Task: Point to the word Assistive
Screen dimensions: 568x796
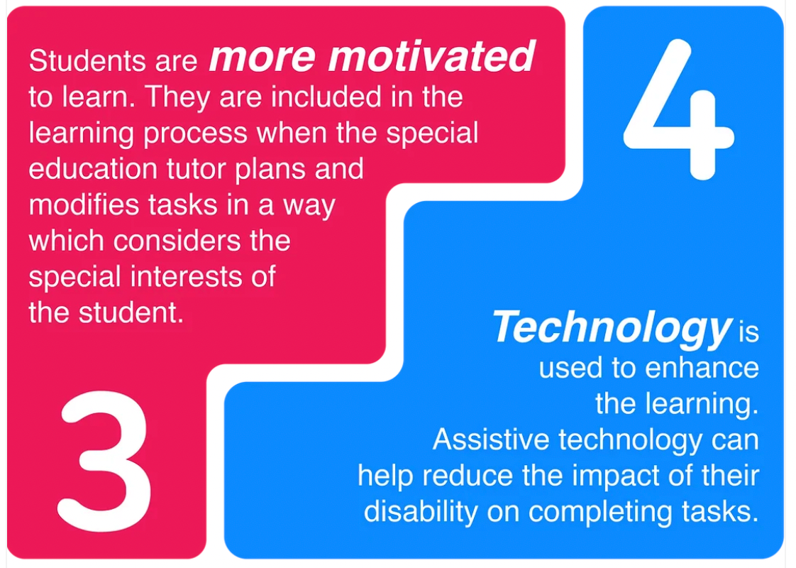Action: (x=492, y=440)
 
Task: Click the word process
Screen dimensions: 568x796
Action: (x=194, y=133)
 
